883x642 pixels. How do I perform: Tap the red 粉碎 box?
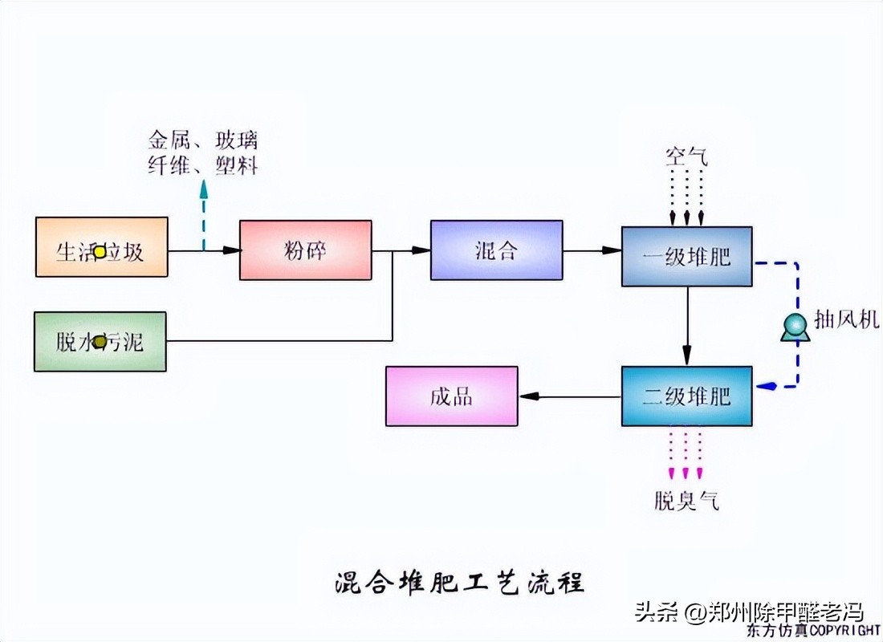(x=305, y=250)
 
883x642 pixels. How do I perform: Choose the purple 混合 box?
(x=496, y=250)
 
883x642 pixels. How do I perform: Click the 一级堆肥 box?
(x=687, y=257)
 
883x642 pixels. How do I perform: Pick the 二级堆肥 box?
(x=687, y=396)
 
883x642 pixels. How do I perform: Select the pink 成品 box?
(x=452, y=396)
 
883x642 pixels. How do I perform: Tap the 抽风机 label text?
(x=847, y=320)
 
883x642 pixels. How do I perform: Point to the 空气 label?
(x=686, y=156)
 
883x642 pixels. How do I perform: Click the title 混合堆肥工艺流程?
(x=458, y=582)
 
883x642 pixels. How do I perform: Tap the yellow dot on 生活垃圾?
(x=100, y=252)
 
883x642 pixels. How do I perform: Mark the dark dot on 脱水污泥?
(x=100, y=343)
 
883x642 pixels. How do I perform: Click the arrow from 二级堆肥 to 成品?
(x=570, y=396)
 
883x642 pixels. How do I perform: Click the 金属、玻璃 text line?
(x=203, y=141)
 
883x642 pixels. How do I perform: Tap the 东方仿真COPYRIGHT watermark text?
(x=813, y=631)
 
